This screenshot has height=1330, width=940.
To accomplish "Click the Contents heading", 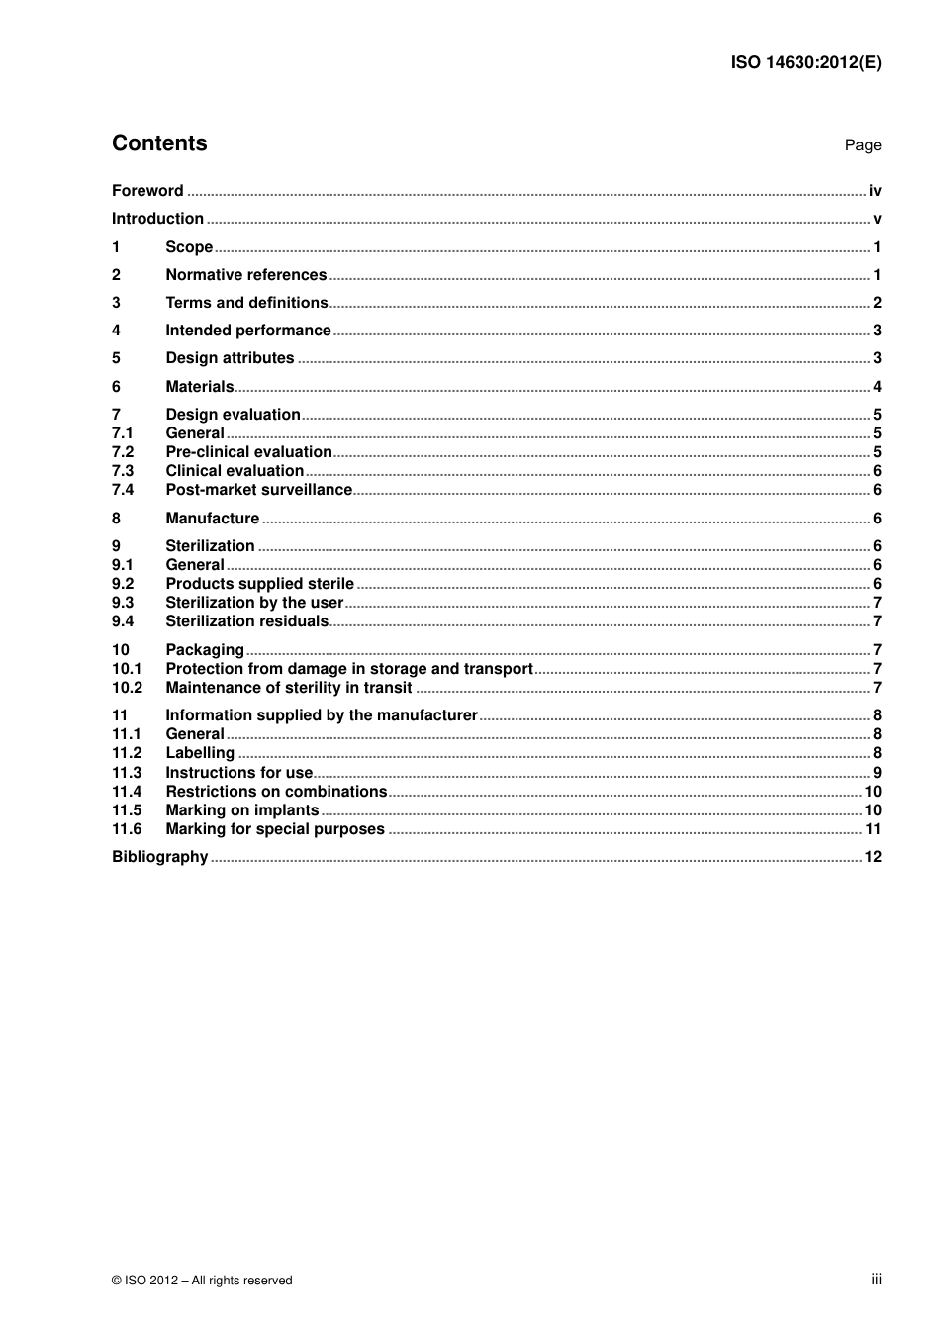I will (159, 143).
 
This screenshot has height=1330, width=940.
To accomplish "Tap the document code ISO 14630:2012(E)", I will (805, 62).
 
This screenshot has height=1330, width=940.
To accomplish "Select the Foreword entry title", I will (147, 191).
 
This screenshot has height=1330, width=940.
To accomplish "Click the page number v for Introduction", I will (877, 219).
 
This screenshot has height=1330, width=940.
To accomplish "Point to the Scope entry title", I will (189, 247).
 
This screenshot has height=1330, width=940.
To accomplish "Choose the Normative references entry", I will (245, 275).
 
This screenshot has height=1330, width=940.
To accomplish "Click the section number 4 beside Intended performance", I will (116, 331).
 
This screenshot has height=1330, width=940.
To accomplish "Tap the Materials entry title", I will (199, 387).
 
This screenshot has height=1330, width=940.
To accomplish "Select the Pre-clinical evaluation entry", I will (248, 452).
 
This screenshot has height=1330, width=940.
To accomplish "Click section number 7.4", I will (123, 490).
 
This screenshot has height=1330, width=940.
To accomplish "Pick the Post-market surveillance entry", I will (258, 490).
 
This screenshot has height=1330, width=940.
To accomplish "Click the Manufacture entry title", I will (212, 519).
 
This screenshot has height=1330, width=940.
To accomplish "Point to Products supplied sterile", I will (259, 584).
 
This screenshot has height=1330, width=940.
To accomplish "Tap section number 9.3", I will (123, 603).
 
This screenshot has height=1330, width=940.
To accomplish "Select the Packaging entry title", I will (205, 650).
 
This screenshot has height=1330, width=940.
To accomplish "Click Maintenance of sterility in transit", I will (288, 688).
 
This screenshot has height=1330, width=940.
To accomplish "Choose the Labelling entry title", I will (200, 753).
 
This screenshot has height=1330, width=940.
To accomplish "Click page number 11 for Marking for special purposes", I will (873, 829).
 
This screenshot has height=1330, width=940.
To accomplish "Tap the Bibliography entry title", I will (159, 857).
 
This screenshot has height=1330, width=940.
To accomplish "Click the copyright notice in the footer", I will (202, 1281).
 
